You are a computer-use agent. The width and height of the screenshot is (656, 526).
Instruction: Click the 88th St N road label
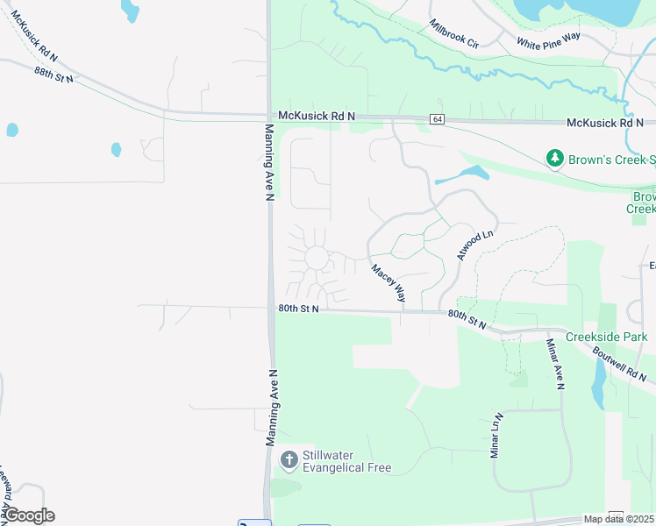54,75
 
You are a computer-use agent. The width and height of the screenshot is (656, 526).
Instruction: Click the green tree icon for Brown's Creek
554,159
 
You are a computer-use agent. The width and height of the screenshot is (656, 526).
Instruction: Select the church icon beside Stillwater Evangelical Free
289,459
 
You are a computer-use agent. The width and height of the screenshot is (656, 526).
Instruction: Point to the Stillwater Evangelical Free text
346,461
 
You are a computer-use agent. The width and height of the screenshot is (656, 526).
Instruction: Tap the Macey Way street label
389,284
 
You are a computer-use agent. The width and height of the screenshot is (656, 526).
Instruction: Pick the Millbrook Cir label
454,34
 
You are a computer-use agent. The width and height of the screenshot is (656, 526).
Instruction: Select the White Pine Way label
549,41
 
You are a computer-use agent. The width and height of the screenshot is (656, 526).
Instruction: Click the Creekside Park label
606,338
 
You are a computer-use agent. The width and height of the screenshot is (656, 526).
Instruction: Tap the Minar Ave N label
555,364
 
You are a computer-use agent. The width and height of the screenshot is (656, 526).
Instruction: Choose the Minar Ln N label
496,436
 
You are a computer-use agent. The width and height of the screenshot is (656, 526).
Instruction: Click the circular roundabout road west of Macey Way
316,258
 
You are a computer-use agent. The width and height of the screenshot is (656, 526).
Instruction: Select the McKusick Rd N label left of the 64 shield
317,116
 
